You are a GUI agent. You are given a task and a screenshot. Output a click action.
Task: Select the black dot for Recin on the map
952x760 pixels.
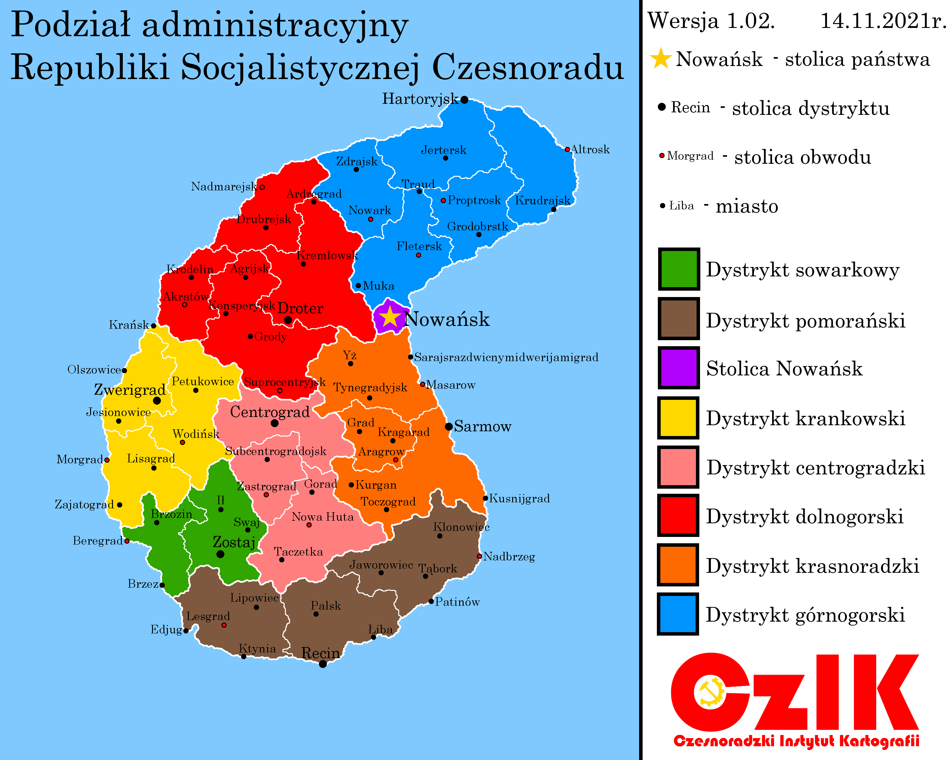point(323,664)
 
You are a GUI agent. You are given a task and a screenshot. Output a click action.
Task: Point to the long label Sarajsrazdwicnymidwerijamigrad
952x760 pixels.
point(506,357)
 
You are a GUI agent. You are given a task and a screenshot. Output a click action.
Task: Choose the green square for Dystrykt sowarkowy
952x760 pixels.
point(679,269)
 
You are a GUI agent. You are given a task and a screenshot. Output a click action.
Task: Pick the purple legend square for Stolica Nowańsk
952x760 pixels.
point(679,368)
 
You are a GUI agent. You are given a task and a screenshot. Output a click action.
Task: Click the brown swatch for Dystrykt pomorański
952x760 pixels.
point(679,318)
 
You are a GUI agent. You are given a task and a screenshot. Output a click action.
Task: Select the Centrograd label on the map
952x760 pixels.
point(270,412)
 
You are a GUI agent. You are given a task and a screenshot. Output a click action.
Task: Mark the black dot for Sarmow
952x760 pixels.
point(449,426)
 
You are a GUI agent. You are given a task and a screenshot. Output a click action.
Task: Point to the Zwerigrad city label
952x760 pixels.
point(130,390)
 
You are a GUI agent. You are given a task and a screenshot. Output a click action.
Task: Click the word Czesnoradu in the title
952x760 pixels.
point(528,68)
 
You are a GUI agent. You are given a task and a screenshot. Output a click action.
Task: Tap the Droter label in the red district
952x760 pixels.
point(300,308)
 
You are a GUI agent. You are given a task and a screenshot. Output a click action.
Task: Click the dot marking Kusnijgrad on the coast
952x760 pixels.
point(485,498)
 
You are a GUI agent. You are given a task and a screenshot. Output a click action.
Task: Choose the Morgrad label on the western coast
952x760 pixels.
point(79,460)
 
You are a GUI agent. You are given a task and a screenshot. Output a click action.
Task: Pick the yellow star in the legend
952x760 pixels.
point(661,59)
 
